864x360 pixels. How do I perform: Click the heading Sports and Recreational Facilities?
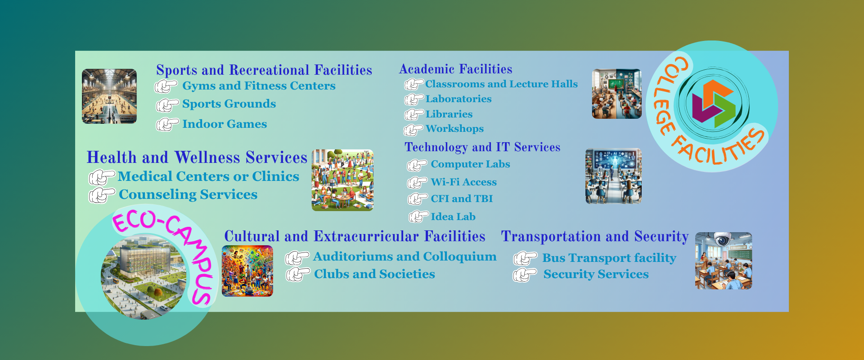(x=264, y=70)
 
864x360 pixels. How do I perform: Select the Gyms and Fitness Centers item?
(x=259, y=86)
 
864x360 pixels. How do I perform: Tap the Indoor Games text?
(x=225, y=124)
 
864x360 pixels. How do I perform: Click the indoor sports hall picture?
(x=109, y=96)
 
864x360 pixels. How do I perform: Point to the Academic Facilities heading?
(x=456, y=69)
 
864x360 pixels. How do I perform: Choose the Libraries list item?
(x=449, y=114)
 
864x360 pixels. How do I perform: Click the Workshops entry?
(x=455, y=129)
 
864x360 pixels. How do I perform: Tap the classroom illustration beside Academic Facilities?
(x=617, y=94)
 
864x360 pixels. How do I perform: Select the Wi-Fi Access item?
(x=463, y=182)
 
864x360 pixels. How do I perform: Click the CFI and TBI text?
(x=462, y=198)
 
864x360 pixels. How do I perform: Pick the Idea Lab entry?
(x=453, y=216)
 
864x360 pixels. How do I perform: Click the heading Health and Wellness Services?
(x=197, y=157)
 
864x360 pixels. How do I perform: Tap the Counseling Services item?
(x=188, y=194)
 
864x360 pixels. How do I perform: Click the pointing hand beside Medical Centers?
(x=102, y=177)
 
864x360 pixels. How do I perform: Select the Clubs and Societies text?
(x=374, y=274)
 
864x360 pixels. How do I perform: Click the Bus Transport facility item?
(x=609, y=258)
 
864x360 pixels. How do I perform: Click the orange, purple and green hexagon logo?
(x=713, y=104)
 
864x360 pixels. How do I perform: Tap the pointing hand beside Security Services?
(x=525, y=274)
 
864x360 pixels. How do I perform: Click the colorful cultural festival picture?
(x=247, y=271)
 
